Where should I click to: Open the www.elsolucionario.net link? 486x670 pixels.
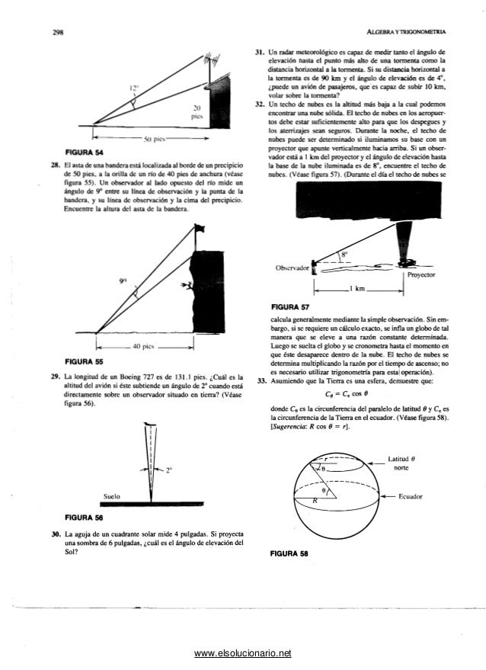click(x=243, y=653)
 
